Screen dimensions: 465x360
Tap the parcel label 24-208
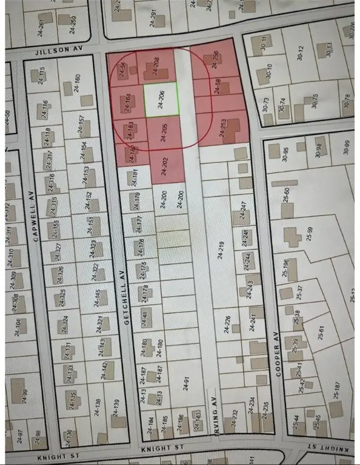[156, 65]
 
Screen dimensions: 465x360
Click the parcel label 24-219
[221, 249]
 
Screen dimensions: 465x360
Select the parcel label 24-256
[216, 59]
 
